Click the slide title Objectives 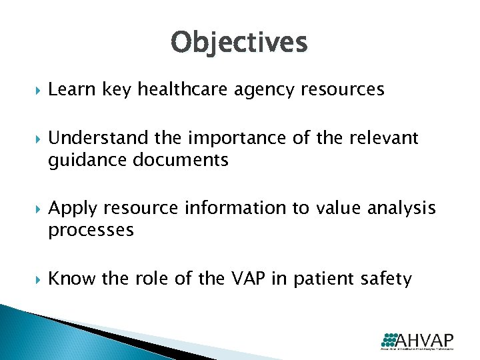[x=239, y=43]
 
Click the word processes [x=91, y=231]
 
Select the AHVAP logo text [x=427, y=339]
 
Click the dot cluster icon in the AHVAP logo [x=389, y=338]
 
